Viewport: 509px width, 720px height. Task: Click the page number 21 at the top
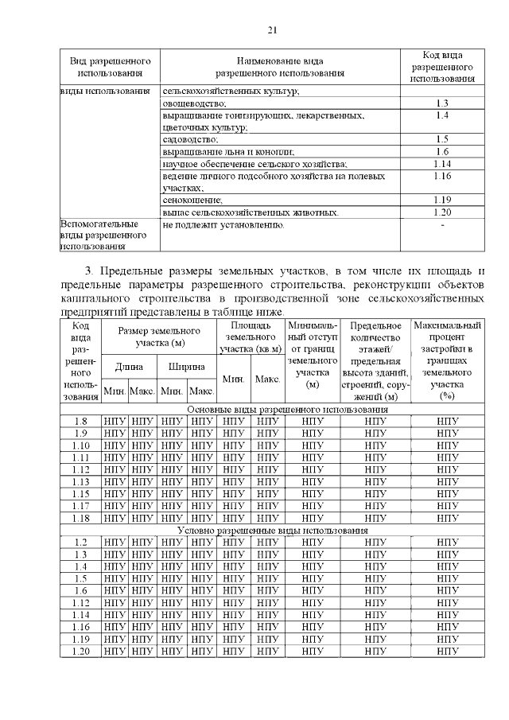click(x=271, y=31)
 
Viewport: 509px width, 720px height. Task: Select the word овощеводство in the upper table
click(x=194, y=103)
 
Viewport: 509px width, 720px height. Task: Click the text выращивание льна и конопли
click(x=228, y=151)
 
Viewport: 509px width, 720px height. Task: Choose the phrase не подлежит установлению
click(x=223, y=225)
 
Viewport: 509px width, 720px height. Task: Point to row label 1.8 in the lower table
click(x=80, y=421)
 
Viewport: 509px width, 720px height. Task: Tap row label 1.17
click(x=80, y=505)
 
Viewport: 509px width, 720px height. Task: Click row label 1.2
click(x=80, y=542)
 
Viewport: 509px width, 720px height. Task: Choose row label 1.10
click(x=80, y=445)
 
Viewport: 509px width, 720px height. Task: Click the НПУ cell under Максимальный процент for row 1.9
click(x=447, y=433)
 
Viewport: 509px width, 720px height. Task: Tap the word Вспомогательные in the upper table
click(x=95, y=225)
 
